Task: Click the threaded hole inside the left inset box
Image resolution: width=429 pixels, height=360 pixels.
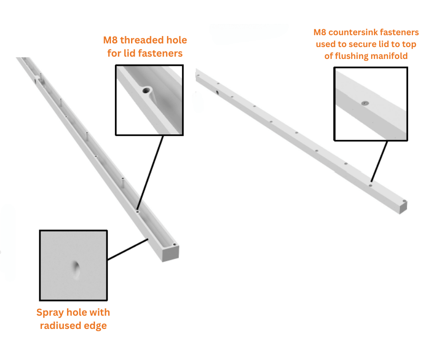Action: [146, 90]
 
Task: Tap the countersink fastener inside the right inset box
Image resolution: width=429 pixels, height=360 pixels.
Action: [364, 103]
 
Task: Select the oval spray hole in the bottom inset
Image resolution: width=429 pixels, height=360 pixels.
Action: [76, 269]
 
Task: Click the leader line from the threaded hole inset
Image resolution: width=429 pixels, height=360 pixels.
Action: [151, 171]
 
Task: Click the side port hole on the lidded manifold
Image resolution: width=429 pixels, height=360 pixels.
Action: [216, 92]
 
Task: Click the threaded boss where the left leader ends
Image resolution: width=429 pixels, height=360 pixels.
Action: [138, 211]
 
